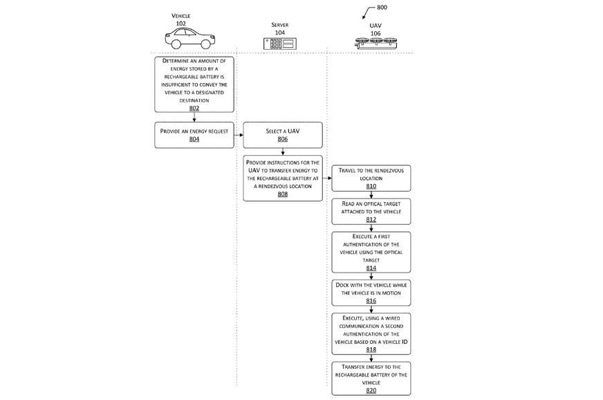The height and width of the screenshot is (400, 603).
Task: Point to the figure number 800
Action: point(382,8)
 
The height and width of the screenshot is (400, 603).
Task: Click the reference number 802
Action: point(194,108)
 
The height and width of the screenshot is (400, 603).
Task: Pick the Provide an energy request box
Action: point(194,135)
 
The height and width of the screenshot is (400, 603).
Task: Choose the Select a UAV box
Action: point(282,135)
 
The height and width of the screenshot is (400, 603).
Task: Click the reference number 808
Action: point(282,194)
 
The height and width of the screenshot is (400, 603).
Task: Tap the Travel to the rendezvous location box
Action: point(371,178)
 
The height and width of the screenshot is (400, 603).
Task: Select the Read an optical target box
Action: point(371,211)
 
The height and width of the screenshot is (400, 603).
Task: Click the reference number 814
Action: point(371,268)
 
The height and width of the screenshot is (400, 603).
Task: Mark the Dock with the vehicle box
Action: point(371,293)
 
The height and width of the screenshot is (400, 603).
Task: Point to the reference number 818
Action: point(371,349)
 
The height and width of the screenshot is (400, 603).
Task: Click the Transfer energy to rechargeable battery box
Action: point(371,378)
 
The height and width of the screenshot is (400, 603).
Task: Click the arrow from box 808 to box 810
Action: point(327,179)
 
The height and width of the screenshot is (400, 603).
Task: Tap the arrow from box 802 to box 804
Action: point(194,118)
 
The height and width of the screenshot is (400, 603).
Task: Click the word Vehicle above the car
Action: point(181,15)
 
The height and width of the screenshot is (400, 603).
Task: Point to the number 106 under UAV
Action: point(375,33)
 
